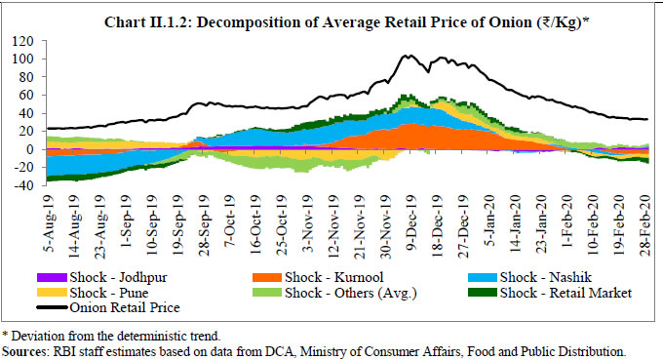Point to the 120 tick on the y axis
pos(20,43)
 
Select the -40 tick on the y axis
pos(20,185)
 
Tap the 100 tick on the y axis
pos(20,60)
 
